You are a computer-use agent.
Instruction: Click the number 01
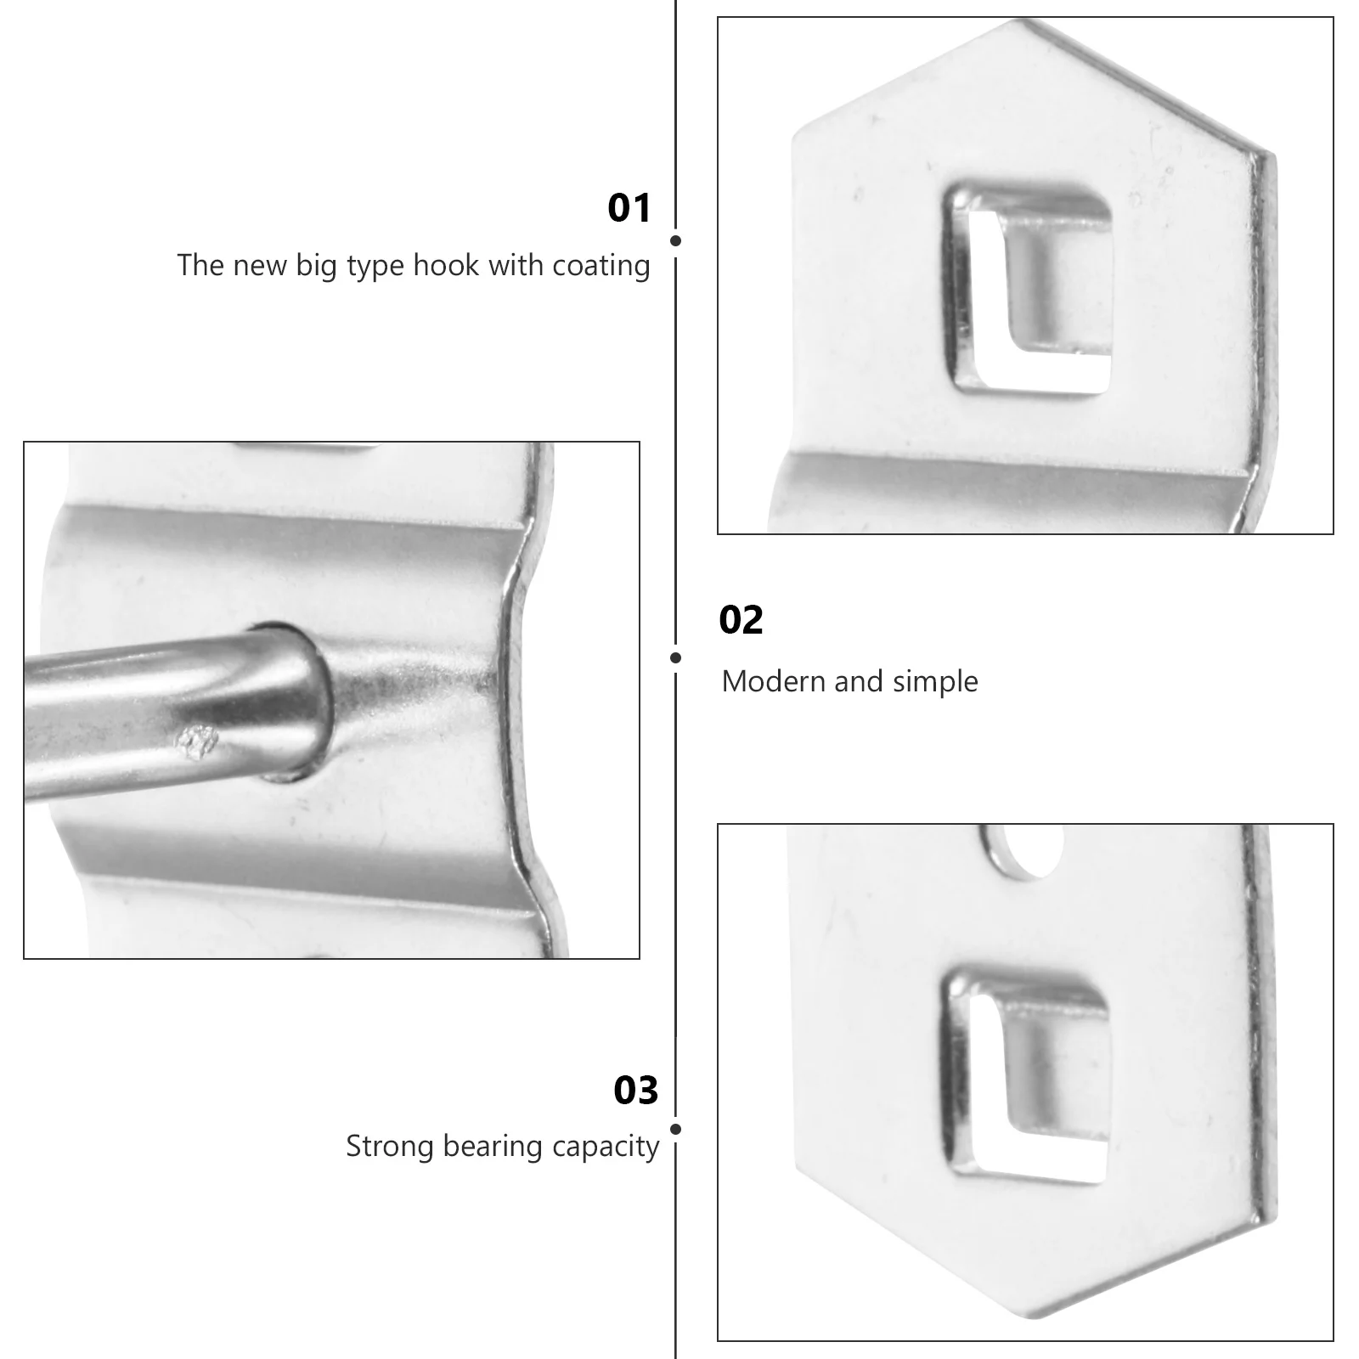[x=629, y=208]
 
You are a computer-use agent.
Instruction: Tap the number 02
[x=741, y=620]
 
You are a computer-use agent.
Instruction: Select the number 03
[x=636, y=1090]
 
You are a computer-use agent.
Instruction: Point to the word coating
[x=601, y=267]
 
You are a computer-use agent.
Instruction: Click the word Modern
[x=773, y=681]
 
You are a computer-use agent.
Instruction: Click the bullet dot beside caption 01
[x=675, y=240]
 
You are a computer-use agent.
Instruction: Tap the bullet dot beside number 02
[x=675, y=657]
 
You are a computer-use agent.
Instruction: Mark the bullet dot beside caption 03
[x=675, y=1129]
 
